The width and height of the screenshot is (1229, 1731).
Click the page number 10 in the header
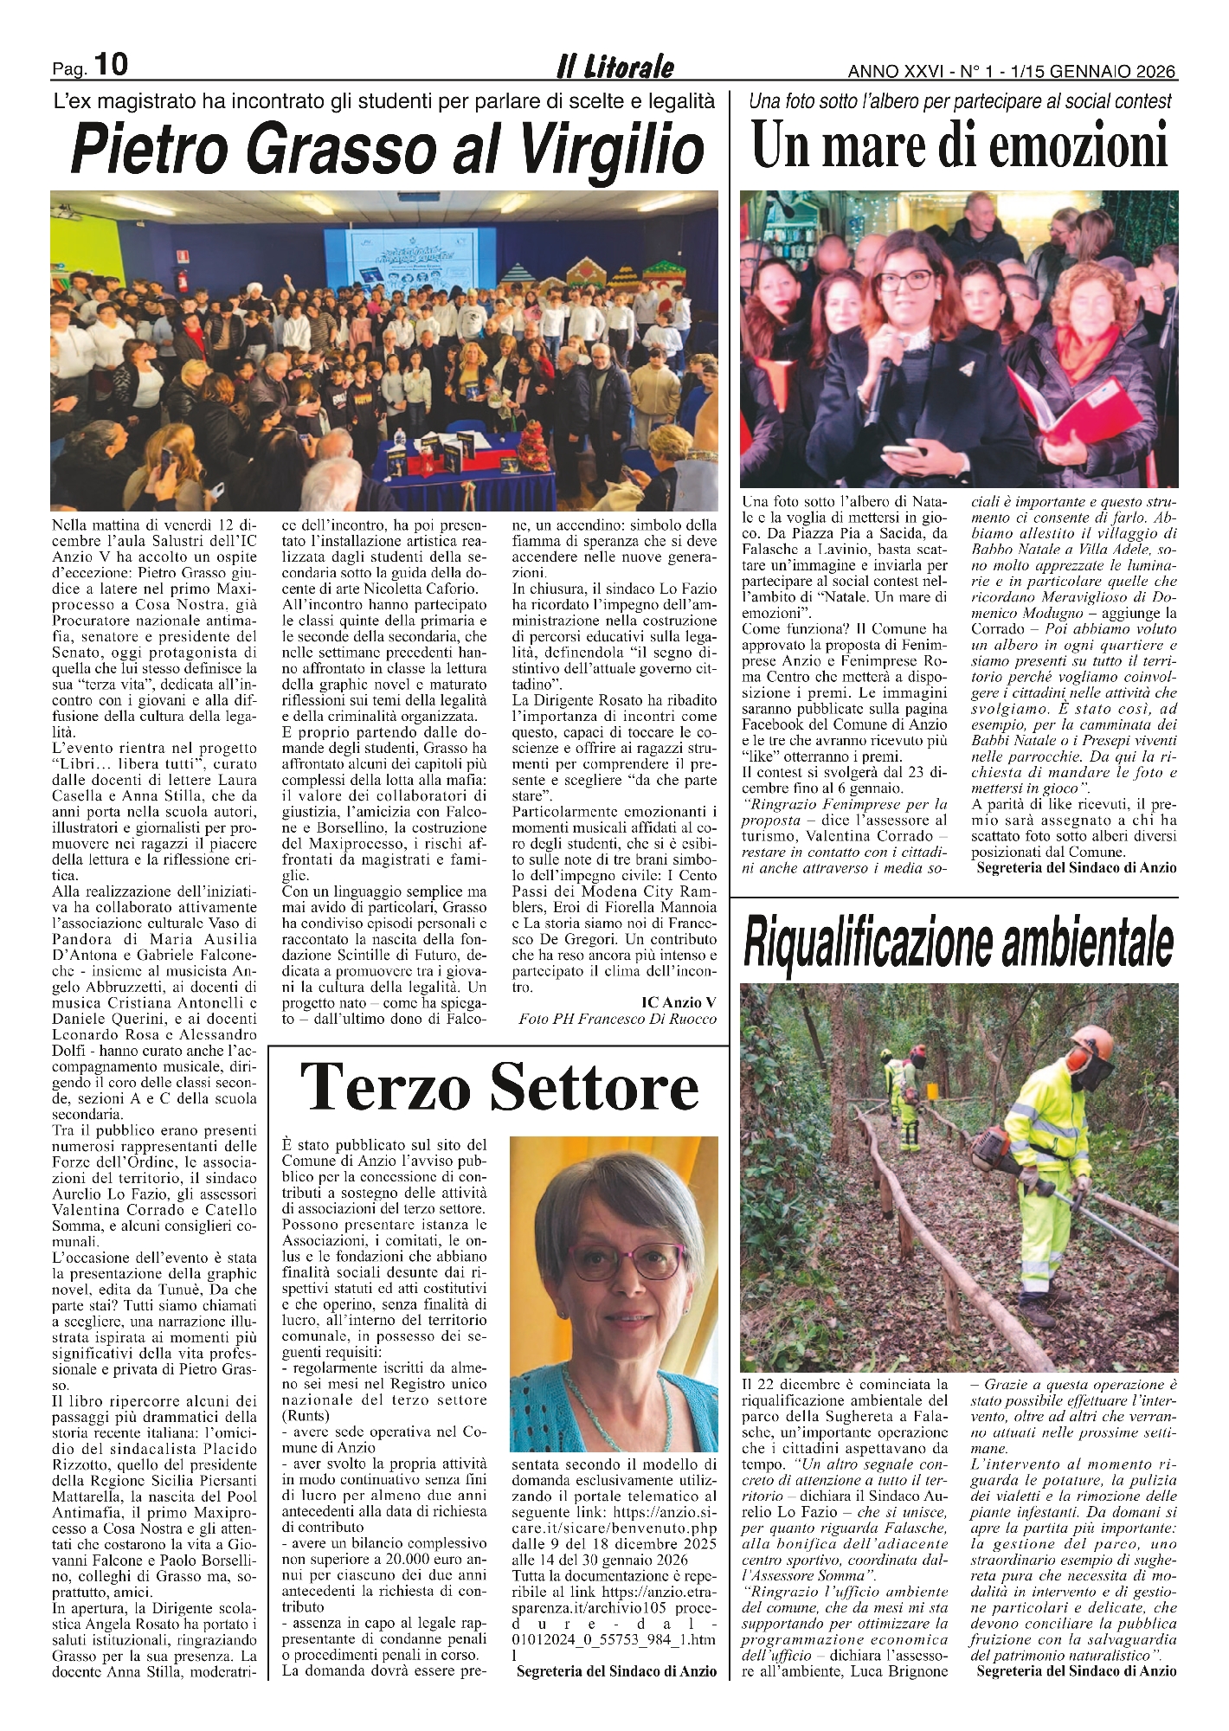click(110, 64)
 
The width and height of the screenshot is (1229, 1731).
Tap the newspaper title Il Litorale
click(615, 68)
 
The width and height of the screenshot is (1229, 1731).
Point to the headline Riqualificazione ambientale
click(959, 943)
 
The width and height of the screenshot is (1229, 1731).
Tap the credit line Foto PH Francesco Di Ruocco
click(617, 1019)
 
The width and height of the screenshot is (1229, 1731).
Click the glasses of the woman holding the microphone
click(904, 280)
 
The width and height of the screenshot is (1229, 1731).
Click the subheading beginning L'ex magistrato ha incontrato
click(384, 101)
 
